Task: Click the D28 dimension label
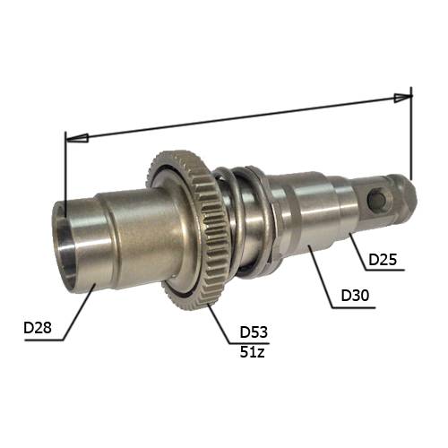click(x=38, y=328)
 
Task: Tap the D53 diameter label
click(x=254, y=332)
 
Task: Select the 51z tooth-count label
click(x=253, y=352)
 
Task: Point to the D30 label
click(x=355, y=296)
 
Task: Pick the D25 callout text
click(x=383, y=260)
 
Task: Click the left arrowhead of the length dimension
click(x=77, y=138)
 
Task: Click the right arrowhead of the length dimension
click(x=402, y=98)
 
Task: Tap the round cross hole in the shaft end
click(x=377, y=198)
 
